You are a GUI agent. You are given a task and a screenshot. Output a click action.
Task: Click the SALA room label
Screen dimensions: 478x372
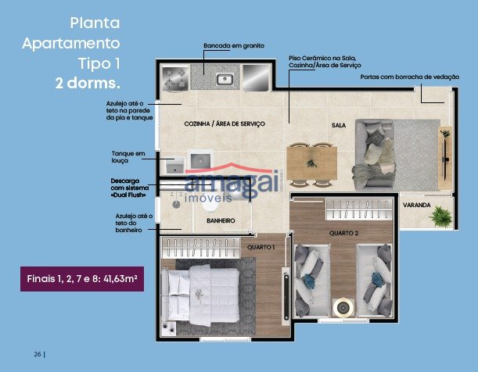point(339,125)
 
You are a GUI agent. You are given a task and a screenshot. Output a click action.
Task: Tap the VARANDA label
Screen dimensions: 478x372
point(416,206)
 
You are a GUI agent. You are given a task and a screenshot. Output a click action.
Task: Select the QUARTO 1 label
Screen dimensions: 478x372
point(261,247)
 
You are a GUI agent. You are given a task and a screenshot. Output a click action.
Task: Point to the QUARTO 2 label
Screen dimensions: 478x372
point(343,233)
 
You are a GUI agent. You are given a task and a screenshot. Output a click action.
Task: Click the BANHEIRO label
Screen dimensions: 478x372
point(221,220)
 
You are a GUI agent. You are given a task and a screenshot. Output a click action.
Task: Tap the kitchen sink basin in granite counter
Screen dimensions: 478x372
point(225,80)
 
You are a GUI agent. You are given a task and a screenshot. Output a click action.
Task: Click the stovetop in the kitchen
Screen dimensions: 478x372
point(175,78)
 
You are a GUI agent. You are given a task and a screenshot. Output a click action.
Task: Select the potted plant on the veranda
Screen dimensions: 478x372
point(440,216)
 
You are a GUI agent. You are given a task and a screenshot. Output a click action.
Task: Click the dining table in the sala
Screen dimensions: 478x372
point(312,163)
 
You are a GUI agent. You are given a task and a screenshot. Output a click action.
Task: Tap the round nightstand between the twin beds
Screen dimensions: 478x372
point(343,307)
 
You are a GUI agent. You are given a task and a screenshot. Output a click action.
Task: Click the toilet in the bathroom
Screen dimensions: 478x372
point(210,206)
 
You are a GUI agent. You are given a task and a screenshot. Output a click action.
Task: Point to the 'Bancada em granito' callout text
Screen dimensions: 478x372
point(234,45)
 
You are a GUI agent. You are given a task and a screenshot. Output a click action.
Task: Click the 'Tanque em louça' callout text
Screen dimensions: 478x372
point(128,157)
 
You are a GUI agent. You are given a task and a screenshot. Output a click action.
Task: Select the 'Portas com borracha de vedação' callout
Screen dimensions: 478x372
point(410,77)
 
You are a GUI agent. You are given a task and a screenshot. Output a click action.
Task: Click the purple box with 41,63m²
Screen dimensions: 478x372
point(82,279)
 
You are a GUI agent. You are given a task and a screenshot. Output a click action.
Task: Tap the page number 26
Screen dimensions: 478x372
point(38,354)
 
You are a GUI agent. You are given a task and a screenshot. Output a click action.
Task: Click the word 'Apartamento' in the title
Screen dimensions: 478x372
point(71,43)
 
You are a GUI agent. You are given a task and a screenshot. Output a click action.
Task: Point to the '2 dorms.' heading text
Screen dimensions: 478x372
point(88,83)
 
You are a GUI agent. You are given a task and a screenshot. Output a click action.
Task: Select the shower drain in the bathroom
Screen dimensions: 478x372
point(176,204)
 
